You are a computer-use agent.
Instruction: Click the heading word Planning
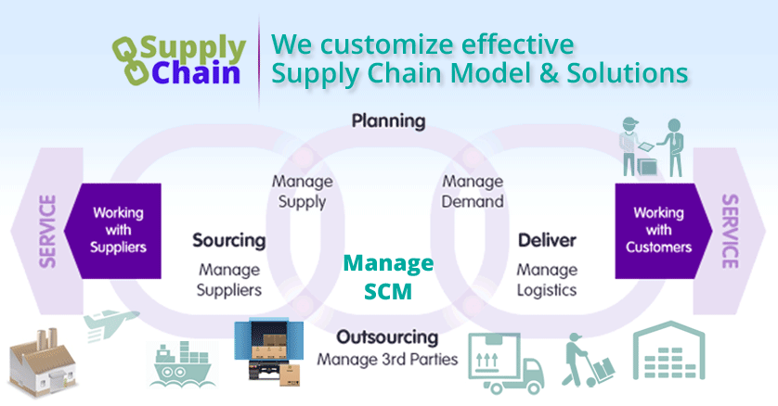(x=388, y=121)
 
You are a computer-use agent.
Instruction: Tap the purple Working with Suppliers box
(x=119, y=230)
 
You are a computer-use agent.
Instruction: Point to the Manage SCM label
(x=388, y=276)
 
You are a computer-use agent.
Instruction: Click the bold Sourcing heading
(x=228, y=241)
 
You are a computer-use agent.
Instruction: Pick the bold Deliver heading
(x=547, y=241)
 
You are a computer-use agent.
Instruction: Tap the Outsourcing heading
(x=387, y=336)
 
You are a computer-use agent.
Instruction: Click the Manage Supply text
(x=302, y=191)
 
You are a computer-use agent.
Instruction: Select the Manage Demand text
(x=473, y=191)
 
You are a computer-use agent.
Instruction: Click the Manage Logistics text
(x=547, y=279)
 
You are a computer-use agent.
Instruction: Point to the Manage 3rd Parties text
(x=387, y=358)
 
